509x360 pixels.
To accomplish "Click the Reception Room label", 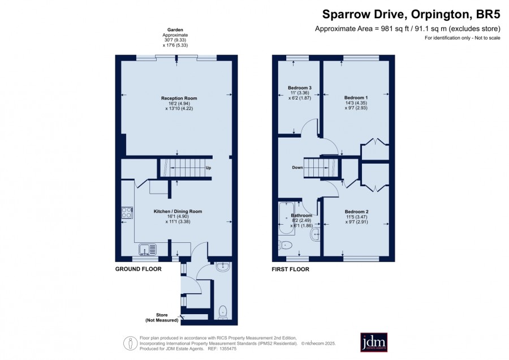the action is (x=179, y=98).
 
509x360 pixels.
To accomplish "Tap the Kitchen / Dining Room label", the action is (x=178, y=212).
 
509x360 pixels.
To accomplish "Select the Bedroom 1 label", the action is (x=356, y=98).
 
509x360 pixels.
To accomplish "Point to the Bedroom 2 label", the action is (x=356, y=212).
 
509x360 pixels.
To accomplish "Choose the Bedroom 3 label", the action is (x=300, y=88).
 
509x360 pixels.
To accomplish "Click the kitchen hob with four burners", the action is (x=127, y=213).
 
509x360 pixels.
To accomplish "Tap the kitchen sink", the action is (x=148, y=250).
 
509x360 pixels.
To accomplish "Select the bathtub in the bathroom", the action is (x=286, y=218).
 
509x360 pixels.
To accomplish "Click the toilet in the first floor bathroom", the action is (x=286, y=245).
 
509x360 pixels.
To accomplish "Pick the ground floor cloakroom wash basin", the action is (x=223, y=267).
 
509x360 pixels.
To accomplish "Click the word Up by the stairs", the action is (x=208, y=168).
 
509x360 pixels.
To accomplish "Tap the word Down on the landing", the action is (x=297, y=168).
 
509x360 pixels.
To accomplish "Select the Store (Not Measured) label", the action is (x=162, y=318).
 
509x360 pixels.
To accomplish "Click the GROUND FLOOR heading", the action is (x=139, y=269).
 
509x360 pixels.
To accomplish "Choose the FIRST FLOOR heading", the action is (x=291, y=269).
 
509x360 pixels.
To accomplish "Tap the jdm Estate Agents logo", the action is (x=374, y=342).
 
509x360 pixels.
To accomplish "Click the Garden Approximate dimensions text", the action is (x=175, y=38).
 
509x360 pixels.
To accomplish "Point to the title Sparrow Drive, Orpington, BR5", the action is (x=411, y=14).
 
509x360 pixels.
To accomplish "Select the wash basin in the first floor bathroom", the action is (x=315, y=234).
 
